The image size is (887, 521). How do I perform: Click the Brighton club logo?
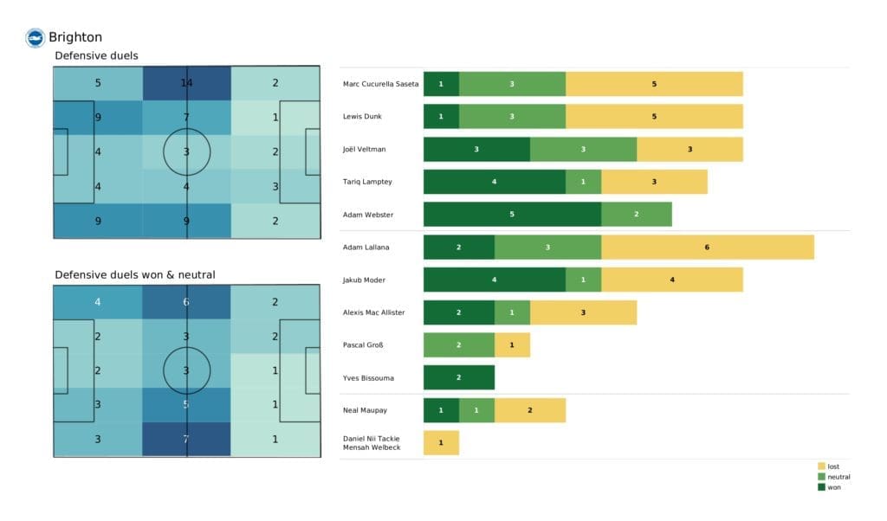point(36,37)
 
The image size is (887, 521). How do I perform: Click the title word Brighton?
point(75,37)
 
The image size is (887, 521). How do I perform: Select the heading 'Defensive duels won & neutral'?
point(135,274)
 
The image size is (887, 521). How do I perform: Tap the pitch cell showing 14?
point(186,84)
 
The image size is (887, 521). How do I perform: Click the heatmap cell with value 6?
point(186,302)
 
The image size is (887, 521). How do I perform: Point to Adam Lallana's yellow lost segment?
point(707,247)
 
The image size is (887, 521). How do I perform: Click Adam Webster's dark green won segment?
point(512,214)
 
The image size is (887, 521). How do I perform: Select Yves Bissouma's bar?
point(458,377)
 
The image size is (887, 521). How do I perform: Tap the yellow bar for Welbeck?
point(441,443)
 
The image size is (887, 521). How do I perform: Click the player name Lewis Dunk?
point(363,117)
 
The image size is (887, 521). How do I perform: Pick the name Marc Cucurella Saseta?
point(381,84)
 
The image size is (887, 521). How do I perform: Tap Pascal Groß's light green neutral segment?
point(458,345)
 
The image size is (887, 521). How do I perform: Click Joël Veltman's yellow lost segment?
point(690,149)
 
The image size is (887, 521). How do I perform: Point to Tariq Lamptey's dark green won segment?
point(494,182)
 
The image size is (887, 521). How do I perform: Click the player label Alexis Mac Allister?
point(375,312)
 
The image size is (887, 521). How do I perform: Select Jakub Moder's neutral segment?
point(583,280)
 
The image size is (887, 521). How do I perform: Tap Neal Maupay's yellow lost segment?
point(529,410)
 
